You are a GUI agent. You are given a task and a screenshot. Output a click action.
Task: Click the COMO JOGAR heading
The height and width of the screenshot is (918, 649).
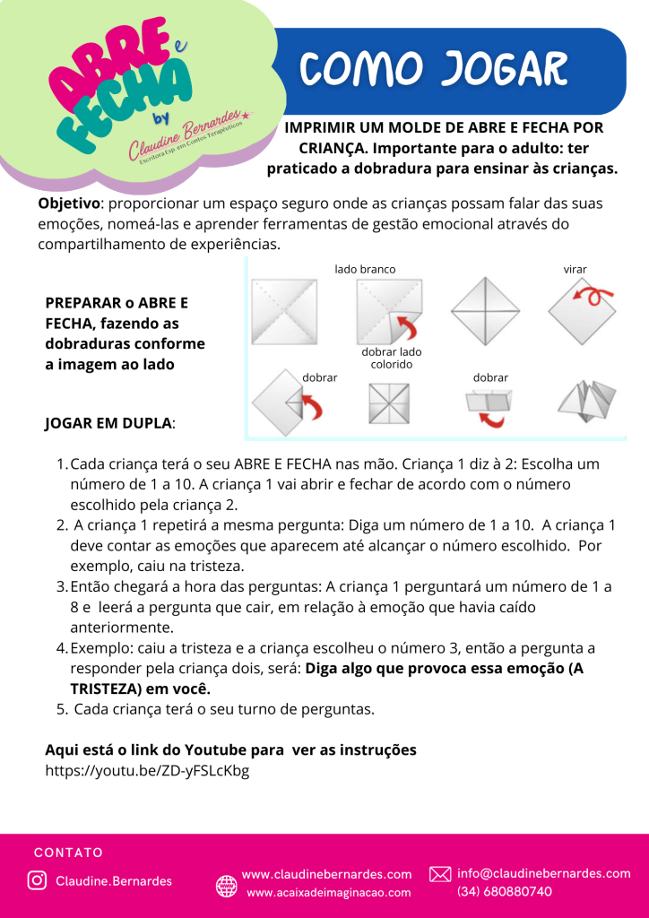(434, 69)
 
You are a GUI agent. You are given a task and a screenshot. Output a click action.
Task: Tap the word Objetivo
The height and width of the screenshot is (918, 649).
(68, 204)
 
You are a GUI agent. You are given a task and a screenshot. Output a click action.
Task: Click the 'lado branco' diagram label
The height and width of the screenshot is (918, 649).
(365, 269)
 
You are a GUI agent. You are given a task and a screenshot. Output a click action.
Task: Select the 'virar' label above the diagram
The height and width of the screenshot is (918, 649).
(575, 269)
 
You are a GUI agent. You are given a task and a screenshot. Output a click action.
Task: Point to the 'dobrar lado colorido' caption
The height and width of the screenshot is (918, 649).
(392, 359)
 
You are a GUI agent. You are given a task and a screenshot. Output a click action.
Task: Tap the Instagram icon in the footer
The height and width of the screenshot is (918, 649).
(37, 880)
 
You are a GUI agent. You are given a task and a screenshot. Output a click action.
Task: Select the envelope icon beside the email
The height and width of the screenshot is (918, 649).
(440, 874)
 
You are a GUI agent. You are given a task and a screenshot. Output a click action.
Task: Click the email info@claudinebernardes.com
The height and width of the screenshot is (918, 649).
(544, 873)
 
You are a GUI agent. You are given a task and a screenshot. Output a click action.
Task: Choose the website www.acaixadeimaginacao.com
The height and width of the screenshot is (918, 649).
(328, 892)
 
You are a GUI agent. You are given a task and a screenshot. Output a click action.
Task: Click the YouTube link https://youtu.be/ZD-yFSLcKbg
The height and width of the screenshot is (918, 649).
(147, 769)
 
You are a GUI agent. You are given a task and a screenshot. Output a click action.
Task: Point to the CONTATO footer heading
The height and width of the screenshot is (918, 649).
(68, 853)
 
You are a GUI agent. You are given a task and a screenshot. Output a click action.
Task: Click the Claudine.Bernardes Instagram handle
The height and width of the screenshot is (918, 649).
(114, 881)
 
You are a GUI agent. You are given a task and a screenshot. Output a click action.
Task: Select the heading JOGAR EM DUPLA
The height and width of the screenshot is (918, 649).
(109, 423)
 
